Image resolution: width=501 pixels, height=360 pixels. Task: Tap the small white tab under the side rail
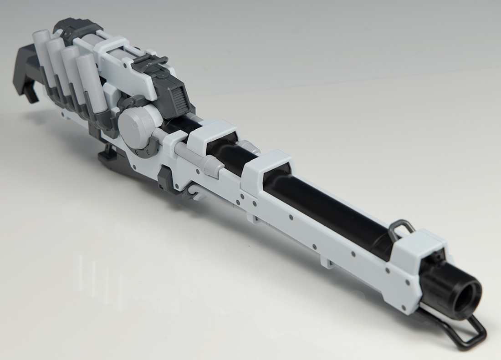pyautogui.click(x=325, y=262)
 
